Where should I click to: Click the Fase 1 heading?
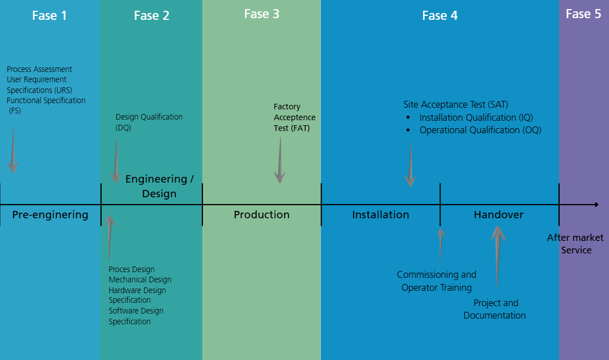[49, 15]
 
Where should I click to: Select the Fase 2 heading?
[151, 15]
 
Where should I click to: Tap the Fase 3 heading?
[261, 14]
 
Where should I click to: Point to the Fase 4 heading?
[439, 15]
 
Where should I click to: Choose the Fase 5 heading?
[583, 14]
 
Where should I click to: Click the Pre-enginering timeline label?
[50, 215]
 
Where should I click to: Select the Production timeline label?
[261, 215]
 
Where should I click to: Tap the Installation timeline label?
[380, 215]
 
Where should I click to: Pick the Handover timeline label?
[498, 215]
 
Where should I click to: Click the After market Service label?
[576, 244]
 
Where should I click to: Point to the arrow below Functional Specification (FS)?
[12, 150]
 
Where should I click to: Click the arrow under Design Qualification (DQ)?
[116, 160]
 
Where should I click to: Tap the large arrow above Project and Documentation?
[498, 255]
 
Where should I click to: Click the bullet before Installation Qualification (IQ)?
[408, 117]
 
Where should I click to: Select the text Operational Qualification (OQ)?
[480, 130]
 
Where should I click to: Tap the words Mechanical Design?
[140, 279]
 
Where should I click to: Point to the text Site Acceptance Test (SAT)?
[456, 104]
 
